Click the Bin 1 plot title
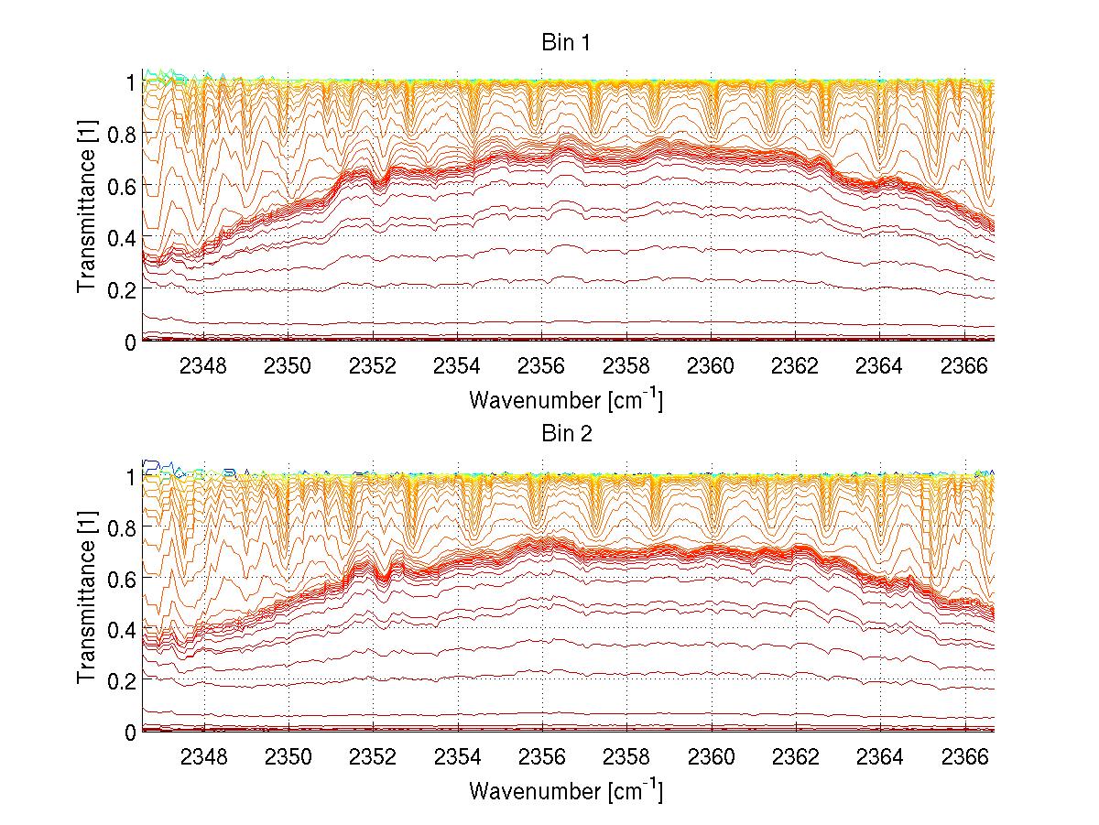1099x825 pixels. point(565,42)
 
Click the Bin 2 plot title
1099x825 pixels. point(565,433)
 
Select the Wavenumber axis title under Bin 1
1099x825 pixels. point(565,399)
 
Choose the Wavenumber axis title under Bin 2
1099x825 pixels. point(565,790)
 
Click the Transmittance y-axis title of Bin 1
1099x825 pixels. point(88,211)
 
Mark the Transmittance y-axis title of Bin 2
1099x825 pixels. point(88,602)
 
